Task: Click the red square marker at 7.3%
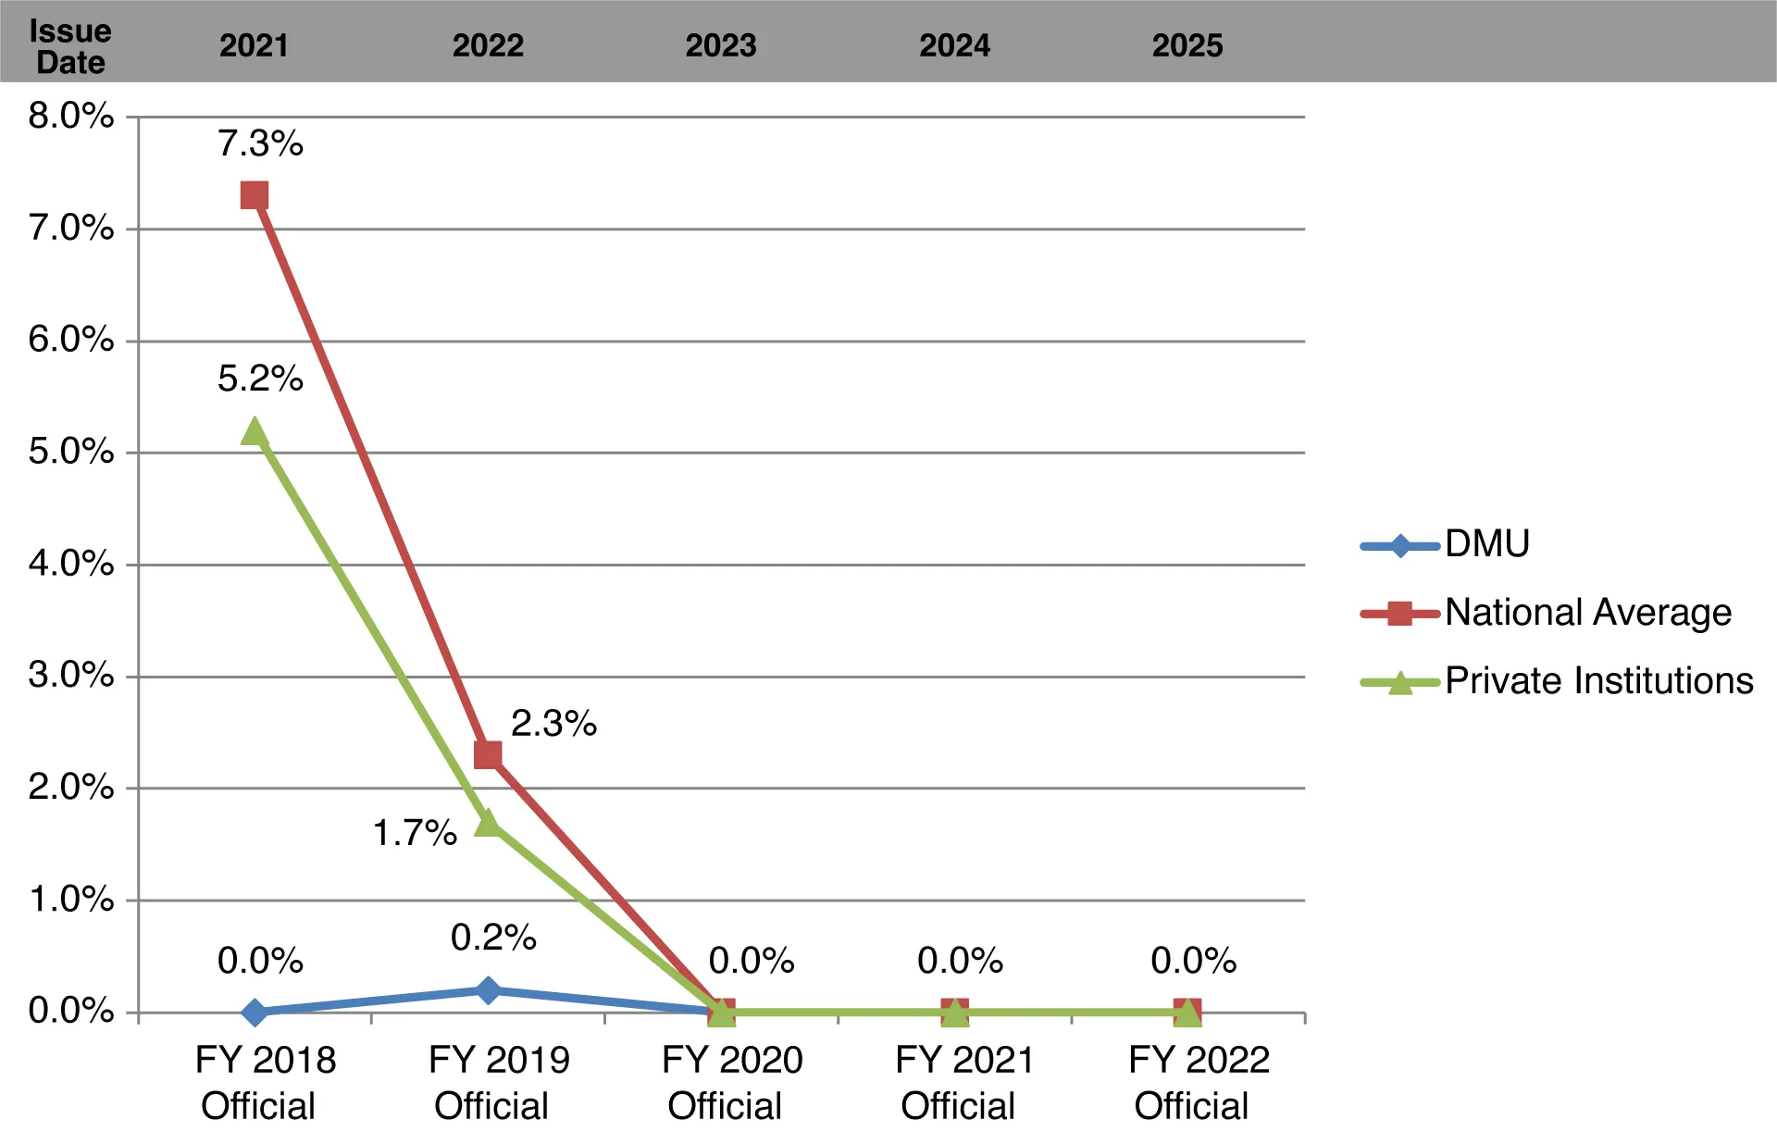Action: tap(254, 195)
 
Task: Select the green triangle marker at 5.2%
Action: tap(254, 432)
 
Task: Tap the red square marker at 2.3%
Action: tap(488, 754)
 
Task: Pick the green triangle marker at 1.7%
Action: tap(488, 823)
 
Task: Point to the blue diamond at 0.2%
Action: tap(488, 990)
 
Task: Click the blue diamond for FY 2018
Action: tap(255, 1013)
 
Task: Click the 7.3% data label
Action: tap(260, 143)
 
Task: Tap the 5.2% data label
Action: tap(260, 379)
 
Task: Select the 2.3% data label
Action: tap(553, 724)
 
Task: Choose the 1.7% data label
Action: tap(415, 833)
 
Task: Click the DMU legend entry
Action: tap(1486, 544)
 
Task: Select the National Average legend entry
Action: tap(1587, 613)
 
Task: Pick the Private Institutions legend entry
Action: tap(1598, 681)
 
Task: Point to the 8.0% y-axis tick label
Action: tap(71, 116)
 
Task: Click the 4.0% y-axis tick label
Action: tap(71, 564)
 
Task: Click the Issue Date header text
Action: tap(70, 46)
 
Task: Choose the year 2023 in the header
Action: tap(721, 45)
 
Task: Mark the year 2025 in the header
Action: tap(1187, 45)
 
